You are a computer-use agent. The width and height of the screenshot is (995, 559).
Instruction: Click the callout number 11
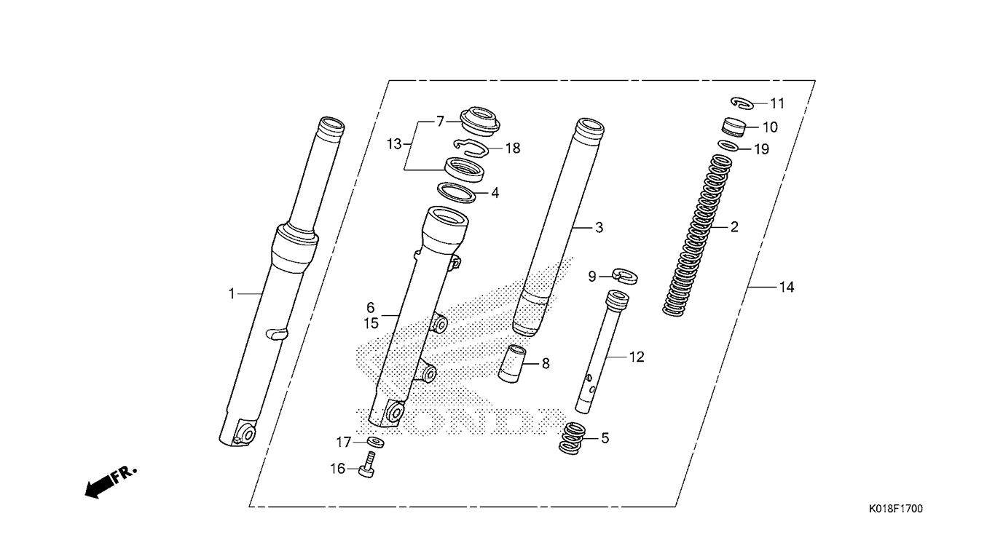coord(777,103)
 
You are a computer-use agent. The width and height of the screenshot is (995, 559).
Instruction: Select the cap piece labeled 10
coord(734,127)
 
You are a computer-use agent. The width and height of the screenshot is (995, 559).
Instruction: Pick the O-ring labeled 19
coord(729,146)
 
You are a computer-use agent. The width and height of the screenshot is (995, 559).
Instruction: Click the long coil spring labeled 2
coord(696,235)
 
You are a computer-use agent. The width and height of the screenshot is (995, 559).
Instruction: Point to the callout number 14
coord(786,288)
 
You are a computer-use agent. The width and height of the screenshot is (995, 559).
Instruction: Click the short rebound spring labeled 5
coord(573,438)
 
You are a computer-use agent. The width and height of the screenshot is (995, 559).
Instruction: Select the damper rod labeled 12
coord(602,351)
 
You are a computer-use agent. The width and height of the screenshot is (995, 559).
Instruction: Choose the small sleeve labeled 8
coord(512,363)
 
